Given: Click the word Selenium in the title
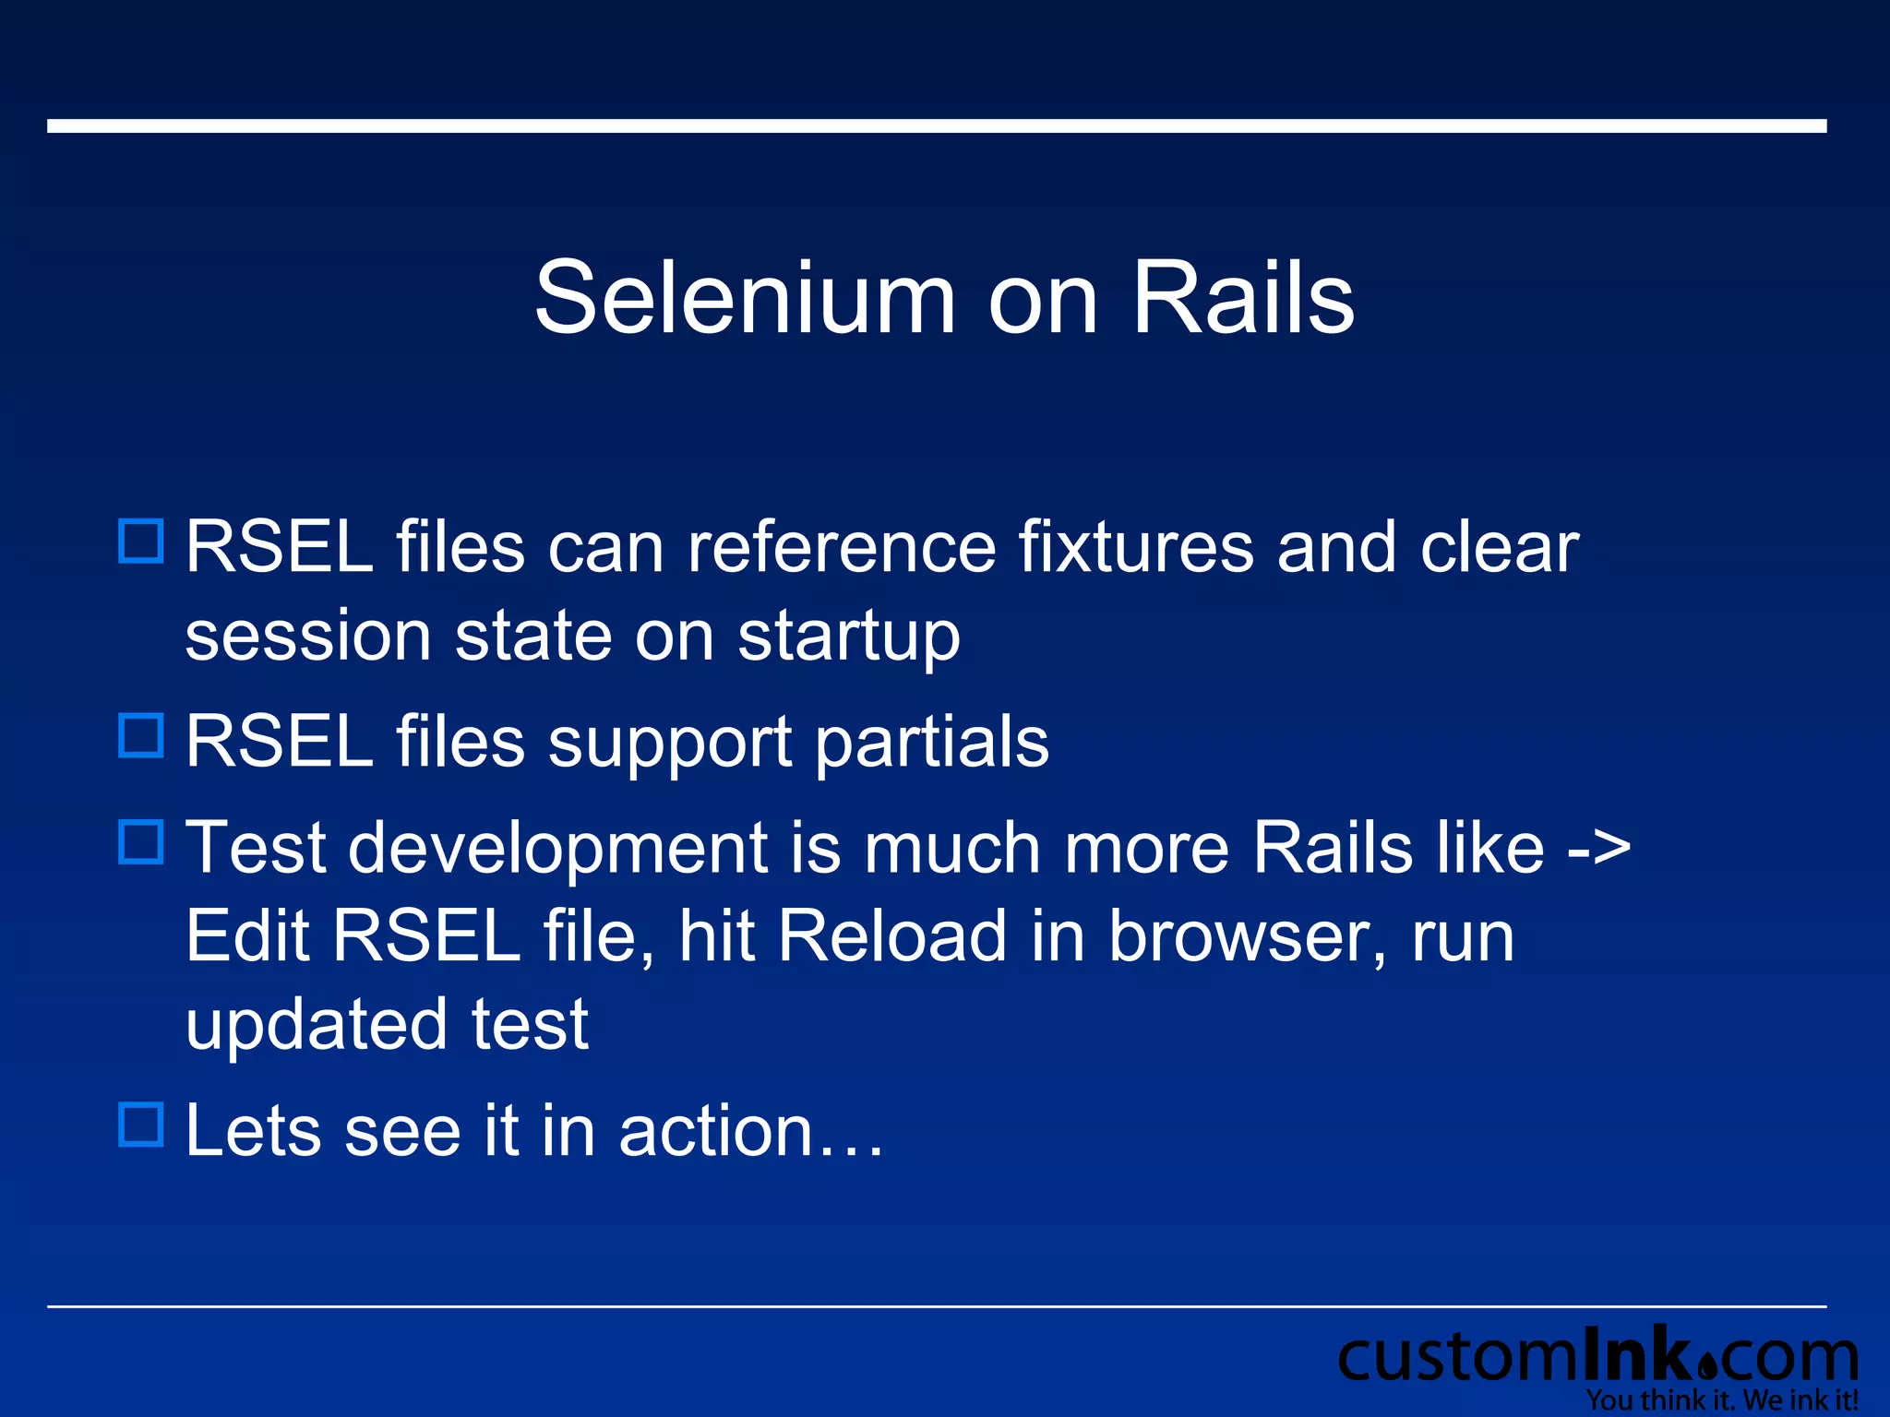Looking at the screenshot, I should (745, 297).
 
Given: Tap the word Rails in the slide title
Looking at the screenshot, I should (1242, 297).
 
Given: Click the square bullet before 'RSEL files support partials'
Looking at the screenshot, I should (141, 735).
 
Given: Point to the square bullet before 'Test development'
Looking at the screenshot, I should (141, 841).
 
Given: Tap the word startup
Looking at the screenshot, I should (848, 637).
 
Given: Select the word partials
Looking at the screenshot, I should (931, 742).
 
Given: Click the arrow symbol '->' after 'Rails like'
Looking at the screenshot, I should (1598, 848).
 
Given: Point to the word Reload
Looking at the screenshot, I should (891, 936).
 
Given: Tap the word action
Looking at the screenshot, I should (715, 1131).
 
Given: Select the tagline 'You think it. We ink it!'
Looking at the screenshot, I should (1721, 1400).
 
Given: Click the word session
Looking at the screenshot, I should (307, 637).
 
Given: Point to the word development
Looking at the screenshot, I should (557, 848).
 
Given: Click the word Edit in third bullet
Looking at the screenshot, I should (247, 936).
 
